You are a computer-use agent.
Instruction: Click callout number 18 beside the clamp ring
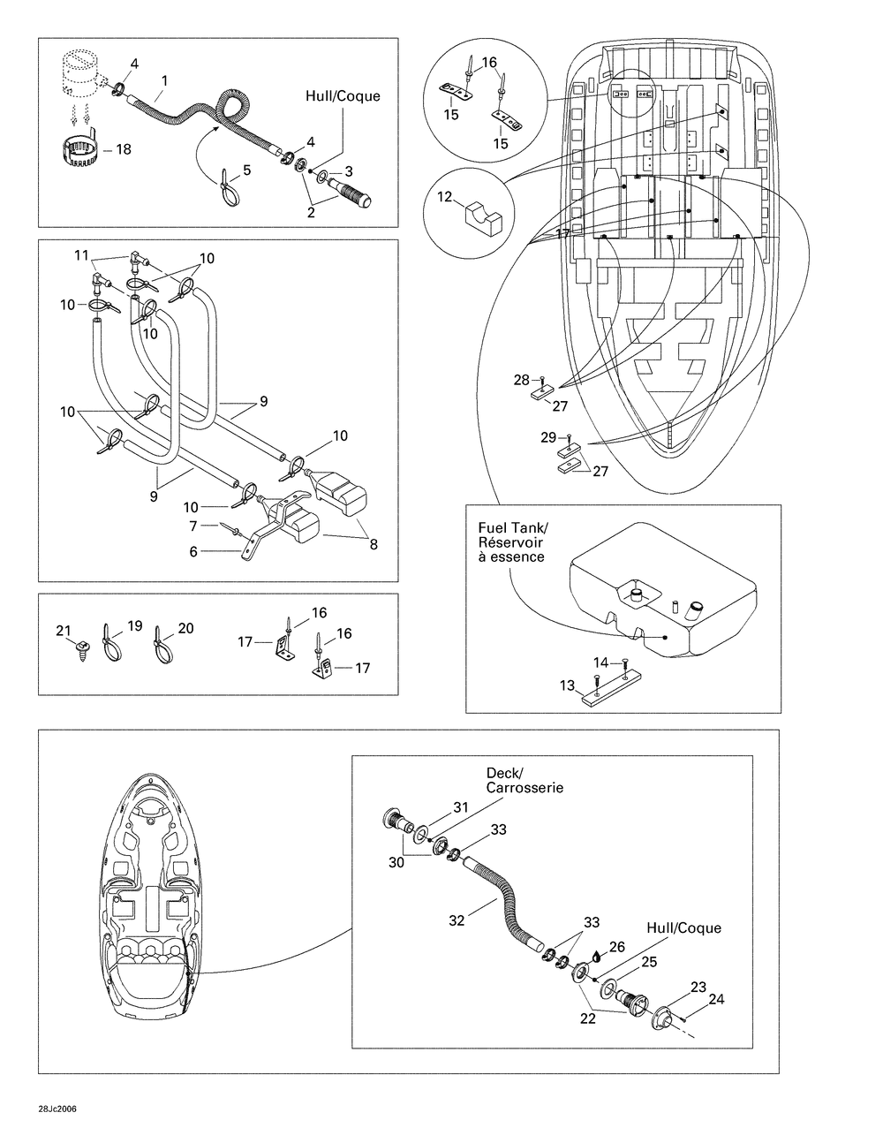tap(124, 149)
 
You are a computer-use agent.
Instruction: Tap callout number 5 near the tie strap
tap(245, 170)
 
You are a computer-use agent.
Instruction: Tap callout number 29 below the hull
tap(547, 437)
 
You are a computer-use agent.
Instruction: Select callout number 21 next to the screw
tap(63, 630)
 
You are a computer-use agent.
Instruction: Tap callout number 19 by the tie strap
tap(134, 625)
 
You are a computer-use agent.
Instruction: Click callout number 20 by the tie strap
tap(185, 628)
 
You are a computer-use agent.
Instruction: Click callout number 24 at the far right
tap(716, 1000)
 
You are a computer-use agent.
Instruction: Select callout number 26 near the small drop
tap(616, 947)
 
